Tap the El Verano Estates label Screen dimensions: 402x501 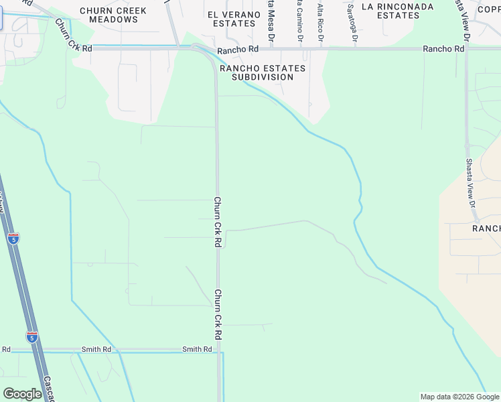(231, 19)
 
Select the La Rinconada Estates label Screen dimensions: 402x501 (397, 11)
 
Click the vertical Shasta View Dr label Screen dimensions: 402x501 (470, 184)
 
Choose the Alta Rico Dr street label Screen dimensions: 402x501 (320, 21)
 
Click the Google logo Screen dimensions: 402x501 (22, 393)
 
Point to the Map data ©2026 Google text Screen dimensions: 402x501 (459, 397)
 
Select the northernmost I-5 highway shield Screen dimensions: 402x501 (13, 238)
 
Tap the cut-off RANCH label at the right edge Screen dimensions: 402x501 (486, 228)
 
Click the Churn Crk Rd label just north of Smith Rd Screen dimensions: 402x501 (218, 313)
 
